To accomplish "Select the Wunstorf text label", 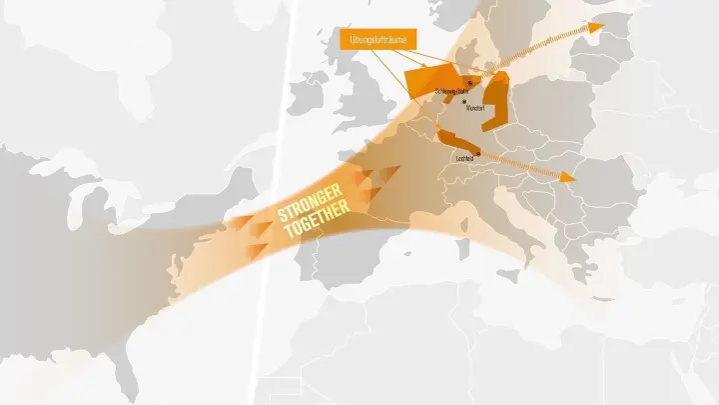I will (474, 108).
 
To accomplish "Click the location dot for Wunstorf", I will (464, 101).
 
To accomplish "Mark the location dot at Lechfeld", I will (478, 153).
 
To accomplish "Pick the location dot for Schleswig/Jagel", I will (454, 84).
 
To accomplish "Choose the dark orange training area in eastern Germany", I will (495, 100).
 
